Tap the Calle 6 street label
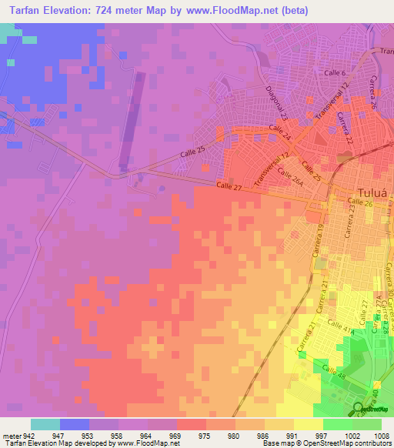333,73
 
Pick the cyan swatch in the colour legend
45,424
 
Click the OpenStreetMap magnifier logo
358,409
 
